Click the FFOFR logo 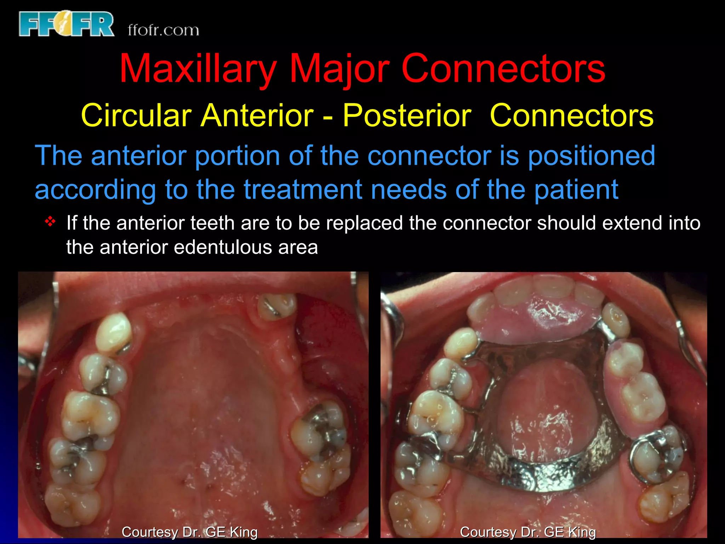67,24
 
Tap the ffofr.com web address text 163,30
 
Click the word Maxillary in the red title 198,69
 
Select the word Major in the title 339,69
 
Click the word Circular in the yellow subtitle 136,115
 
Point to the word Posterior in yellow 407,115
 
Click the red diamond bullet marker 51,222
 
